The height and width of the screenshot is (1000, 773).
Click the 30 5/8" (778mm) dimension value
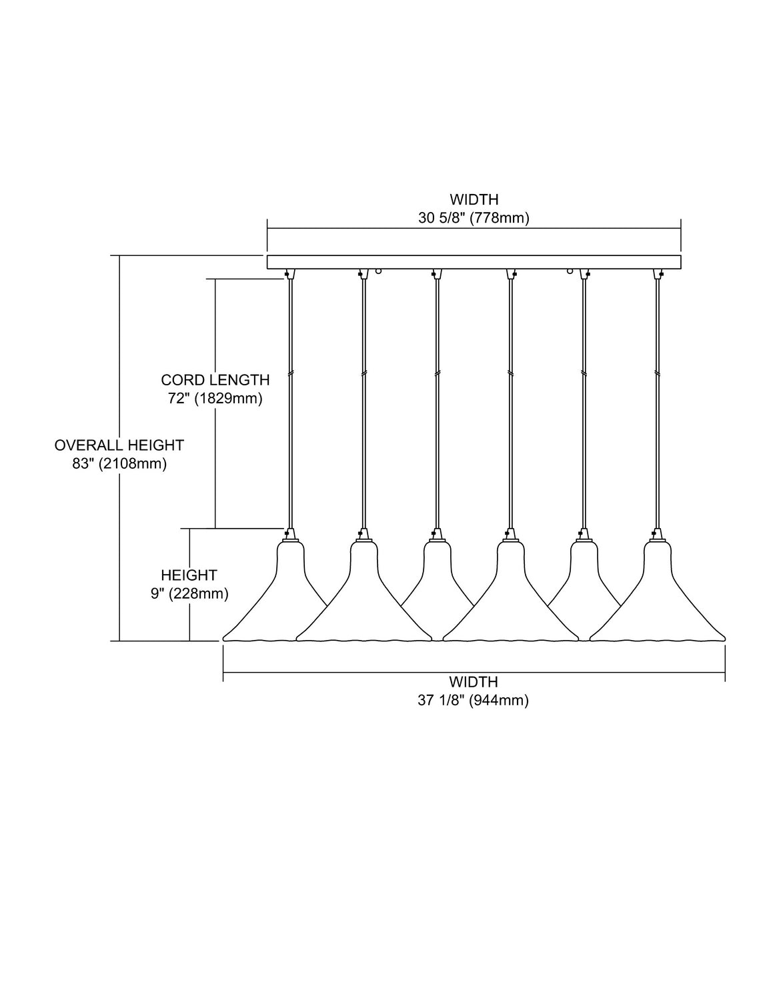click(x=474, y=218)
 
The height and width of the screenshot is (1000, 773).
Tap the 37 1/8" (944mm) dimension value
click(x=474, y=701)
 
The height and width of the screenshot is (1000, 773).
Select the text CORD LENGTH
click(x=215, y=380)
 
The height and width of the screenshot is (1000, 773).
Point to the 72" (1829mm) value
click(x=215, y=399)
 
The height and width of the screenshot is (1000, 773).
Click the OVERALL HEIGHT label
click(x=119, y=445)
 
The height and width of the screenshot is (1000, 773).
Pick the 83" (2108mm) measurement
click(x=119, y=463)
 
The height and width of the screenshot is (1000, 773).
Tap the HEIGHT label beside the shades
click(x=189, y=575)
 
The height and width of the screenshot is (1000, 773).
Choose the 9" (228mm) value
click(x=189, y=593)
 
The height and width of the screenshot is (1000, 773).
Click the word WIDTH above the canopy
click(x=474, y=199)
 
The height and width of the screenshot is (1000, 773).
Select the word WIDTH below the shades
click(x=474, y=681)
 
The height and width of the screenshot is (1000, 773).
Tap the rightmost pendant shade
click(x=658, y=591)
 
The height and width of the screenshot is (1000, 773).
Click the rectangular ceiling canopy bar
click(x=474, y=262)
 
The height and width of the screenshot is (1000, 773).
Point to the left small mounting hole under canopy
click(x=378, y=271)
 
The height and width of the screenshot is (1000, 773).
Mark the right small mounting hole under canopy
click(x=570, y=271)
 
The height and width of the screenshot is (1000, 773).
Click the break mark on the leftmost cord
click(x=290, y=374)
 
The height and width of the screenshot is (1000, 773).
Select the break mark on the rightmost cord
click(x=657, y=374)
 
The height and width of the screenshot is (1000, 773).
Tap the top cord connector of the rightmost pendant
click(x=658, y=274)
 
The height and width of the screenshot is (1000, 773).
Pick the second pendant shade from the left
click(x=363, y=591)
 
